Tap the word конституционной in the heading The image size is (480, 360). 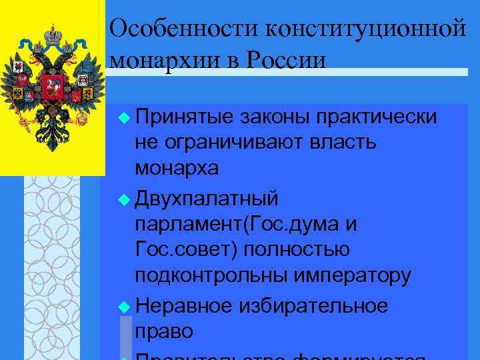click(x=364, y=29)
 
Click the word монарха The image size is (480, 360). click(x=177, y=169)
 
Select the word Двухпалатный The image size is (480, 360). click(x=207, y=199)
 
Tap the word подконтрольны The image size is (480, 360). click(x=205, y=275)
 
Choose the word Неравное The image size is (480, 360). click(x=183, y=305)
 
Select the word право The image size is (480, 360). click(x=164, y=331)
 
